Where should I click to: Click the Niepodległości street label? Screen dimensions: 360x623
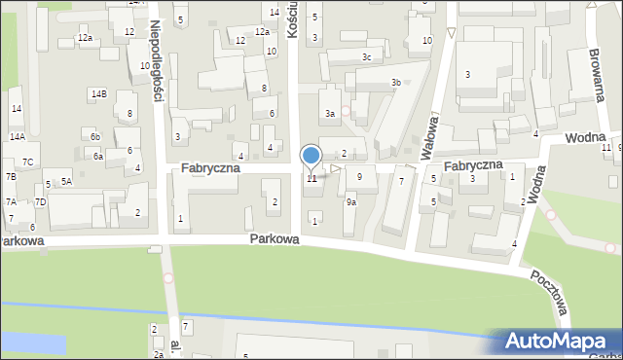coord(155,58)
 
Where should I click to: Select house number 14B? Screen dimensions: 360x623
coord(98,94)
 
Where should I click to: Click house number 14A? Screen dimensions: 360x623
coord(18,137)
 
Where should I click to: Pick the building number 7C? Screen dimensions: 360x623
coord(28,162)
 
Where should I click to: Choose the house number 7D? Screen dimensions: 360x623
coord(40,201)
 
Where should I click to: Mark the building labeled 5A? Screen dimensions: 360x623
coord(66,181)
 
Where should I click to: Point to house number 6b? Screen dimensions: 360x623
coord(95,137)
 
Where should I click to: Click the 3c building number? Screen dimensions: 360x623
coord(366,57)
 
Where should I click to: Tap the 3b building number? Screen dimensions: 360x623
coord(395,83)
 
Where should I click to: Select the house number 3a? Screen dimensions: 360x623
coord(330,114)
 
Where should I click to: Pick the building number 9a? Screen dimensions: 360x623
coord(351,202)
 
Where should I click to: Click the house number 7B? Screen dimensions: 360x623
coord(11,177)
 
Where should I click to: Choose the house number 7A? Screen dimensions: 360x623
coord(11,201)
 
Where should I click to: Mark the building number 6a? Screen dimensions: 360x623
coord(98,156)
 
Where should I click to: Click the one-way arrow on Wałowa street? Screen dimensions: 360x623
coord(451,34)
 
